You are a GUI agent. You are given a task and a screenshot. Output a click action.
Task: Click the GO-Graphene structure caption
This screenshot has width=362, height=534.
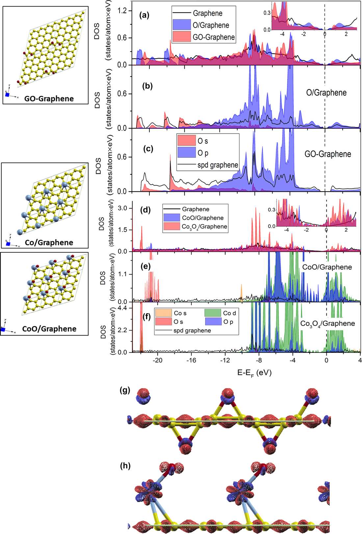pyautogui.click(x=49, y=99)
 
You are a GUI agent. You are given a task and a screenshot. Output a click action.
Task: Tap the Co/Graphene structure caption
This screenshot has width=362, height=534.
pyautogui.click(x=49, y=243)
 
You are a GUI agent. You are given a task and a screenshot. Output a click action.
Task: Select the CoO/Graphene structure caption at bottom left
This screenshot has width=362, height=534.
pyautogui.click(x=49, y=329)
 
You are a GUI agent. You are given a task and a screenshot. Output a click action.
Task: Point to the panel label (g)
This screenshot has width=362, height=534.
pyautogui.click(x=125, y=390)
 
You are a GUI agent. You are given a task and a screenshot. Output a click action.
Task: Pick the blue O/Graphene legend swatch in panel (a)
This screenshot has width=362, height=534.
pyautogui.click(x=181, y=25)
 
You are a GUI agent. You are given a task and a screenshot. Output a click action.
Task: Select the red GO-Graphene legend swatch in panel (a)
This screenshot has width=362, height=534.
pyautogui.click(x=181, y=37)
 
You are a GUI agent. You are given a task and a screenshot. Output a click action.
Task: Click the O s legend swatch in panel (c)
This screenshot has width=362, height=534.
pyautogui.click(x=187, y=141)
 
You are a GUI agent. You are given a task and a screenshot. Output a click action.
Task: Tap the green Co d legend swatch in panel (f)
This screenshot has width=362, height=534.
pyautogui.click(x=213, y=313)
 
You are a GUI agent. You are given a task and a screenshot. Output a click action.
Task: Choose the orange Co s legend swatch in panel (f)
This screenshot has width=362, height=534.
pyautogui.click(x=163, y=313)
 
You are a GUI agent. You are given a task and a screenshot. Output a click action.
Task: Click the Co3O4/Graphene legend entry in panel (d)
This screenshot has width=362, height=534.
pyautogui.click(x=204, y=226)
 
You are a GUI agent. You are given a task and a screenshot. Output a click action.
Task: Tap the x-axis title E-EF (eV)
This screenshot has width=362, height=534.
pyautogui.click(x=254, y=373)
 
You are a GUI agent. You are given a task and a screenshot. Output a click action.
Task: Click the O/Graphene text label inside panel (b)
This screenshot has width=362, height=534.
pyautogui.click(x=326, y=93)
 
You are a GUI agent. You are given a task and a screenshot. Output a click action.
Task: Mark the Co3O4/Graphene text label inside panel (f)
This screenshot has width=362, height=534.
pyautogui.click(x=327, y=323)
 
